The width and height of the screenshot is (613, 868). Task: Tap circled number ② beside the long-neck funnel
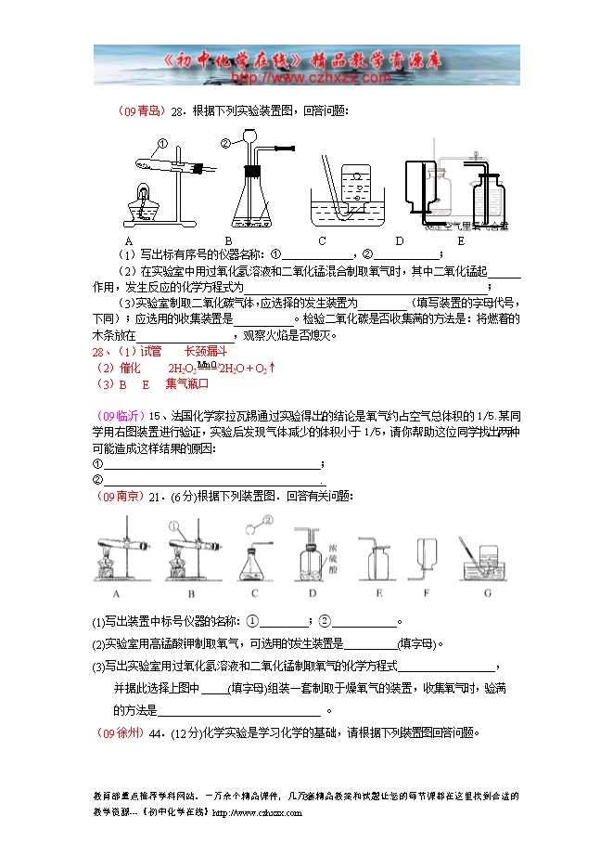225,143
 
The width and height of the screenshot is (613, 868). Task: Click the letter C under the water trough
323,240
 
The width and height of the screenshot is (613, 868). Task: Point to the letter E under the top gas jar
460,240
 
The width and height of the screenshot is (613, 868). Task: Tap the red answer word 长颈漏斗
205,351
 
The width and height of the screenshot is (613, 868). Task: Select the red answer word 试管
150,351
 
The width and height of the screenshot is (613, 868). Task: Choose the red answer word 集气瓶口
187,382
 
